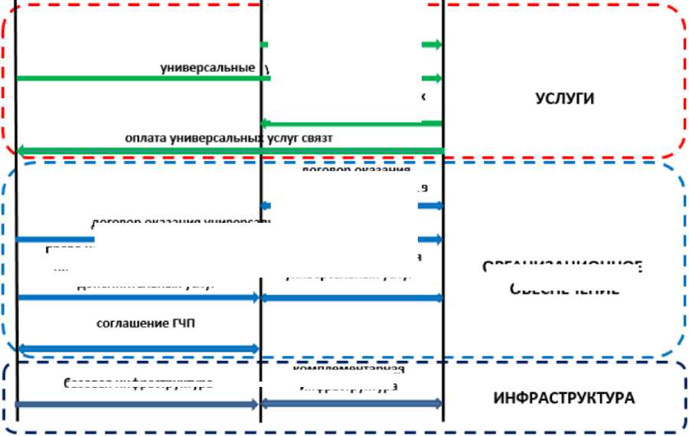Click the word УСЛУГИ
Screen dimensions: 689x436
tap(565, 99)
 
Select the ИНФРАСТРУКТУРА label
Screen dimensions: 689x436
tap(564, 398)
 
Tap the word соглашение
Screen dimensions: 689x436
tap(127, 323)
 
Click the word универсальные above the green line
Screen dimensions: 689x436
tap(207, 67)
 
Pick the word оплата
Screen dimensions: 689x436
tap(146, 137)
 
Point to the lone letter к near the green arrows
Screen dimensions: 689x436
tap(423, 97)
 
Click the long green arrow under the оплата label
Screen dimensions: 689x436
tap(230, 149)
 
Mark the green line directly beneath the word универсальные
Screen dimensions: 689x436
tap(138, 78)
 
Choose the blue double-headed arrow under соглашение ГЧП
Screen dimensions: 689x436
tap(138, 349)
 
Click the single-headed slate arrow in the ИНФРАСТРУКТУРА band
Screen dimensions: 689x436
tap(138, 404)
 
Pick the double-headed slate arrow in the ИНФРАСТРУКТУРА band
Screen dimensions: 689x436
tap(352, 403)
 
